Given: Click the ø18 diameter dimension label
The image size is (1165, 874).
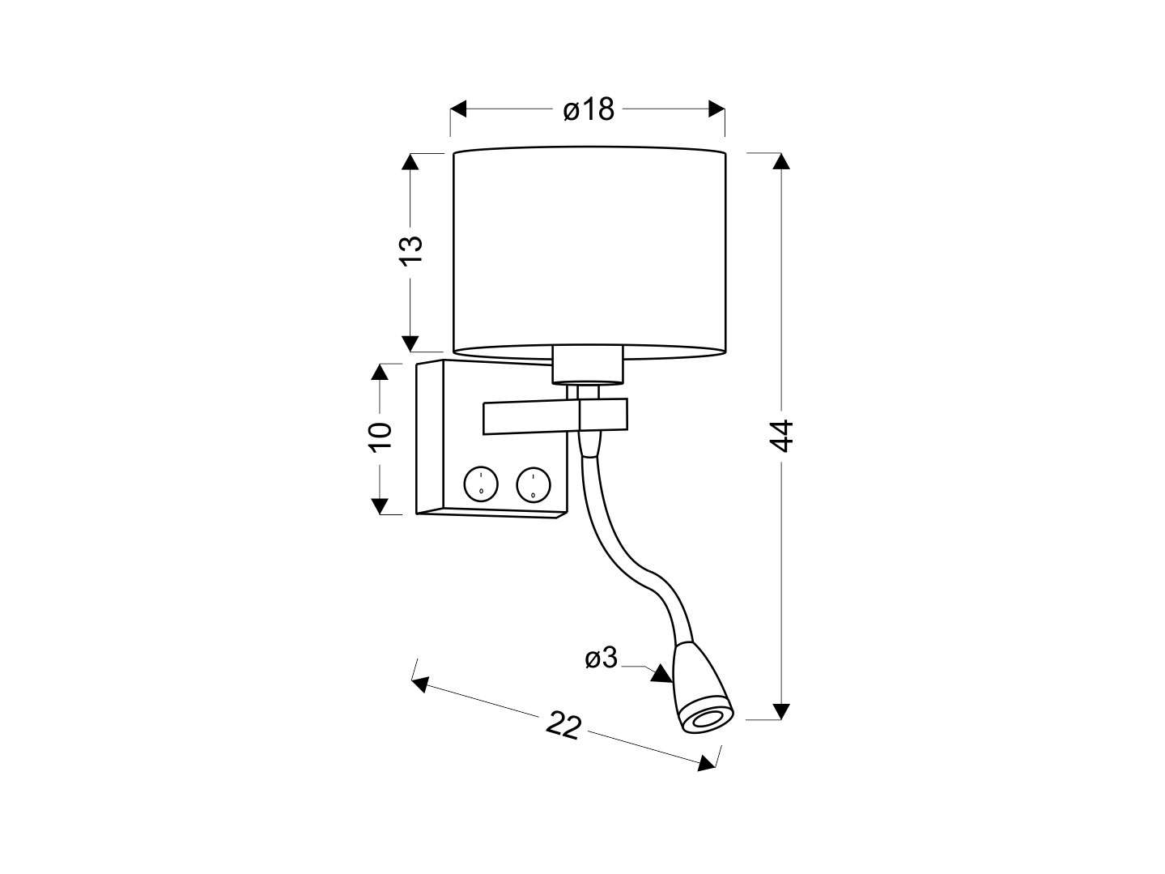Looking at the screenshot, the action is click(588, 110).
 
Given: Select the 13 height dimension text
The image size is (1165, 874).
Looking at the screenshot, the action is click(410, 250).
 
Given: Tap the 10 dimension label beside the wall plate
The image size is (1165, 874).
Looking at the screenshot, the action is click(381, 437).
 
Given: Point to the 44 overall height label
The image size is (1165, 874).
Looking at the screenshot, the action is click(780, 436).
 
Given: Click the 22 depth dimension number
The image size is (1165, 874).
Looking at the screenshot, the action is click(563, 725).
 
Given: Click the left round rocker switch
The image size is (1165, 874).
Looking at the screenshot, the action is click(481, 484).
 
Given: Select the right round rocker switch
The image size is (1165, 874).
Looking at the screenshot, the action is click(534, 484).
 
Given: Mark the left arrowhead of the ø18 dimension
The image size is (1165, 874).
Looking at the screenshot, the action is click(458, 109).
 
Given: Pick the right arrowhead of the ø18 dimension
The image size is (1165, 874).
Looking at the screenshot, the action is click(716, 109).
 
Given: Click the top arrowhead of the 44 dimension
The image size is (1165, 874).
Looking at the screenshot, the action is click(780, 161).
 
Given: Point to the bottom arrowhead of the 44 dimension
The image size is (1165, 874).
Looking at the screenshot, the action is click(780, 711).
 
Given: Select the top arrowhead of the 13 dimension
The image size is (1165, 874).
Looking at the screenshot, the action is click(410, 161).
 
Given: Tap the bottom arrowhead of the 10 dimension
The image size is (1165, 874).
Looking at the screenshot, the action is click(380, 506).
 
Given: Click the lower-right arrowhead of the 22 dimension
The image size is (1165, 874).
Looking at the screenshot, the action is click(707, 763).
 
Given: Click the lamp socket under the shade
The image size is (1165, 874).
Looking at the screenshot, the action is click(588, 365).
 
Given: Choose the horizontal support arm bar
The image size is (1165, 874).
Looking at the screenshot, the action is click(555, 416).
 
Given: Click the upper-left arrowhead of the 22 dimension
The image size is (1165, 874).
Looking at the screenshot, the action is click(420, 684).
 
